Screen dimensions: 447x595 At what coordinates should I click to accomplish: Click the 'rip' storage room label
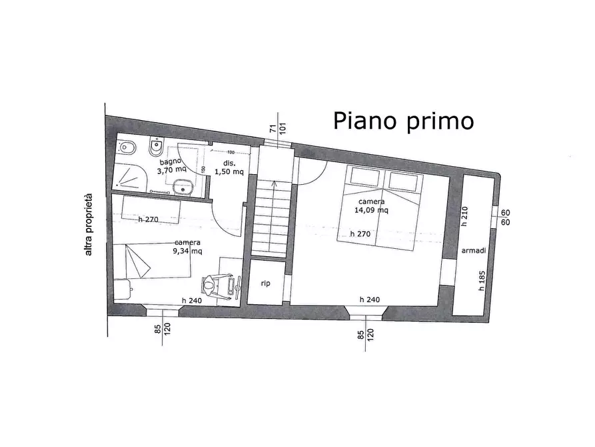(x=265, y=284)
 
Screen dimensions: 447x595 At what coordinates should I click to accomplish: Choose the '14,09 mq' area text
(x=372, y=210)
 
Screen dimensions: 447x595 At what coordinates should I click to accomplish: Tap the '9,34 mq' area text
(x=188, y=251)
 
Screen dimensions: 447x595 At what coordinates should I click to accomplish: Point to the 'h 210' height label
(x=464, y=215)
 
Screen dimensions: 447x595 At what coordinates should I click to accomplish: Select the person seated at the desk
(x=211, y=285)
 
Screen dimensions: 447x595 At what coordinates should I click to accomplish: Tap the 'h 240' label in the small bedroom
(x=193, y=300)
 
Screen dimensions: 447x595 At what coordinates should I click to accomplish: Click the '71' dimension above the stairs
(x=273, y=129)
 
